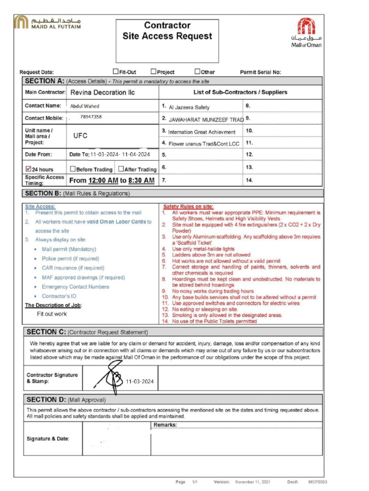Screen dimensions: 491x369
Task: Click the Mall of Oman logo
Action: click(306, 32)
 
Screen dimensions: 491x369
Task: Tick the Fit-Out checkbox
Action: click(116, 71)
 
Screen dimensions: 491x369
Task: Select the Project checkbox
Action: click(154, 71)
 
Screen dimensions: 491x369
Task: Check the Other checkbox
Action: click(197, 71)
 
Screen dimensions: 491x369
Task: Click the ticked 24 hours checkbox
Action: click(28, 169)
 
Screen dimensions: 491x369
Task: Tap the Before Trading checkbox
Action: click(73, 169)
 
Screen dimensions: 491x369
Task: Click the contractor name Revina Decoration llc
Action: click(103, 93)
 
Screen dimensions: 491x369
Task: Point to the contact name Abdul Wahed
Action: click(85, 106)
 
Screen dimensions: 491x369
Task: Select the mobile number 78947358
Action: click(91, 117)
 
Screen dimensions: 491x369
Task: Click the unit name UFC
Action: click(80, 136)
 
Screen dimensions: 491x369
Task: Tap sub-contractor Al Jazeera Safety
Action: click(189, 107)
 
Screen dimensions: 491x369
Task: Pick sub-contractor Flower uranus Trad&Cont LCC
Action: click(204, 143)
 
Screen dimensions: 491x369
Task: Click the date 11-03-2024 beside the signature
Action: click(140, 382)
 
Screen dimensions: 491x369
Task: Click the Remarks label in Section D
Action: click(165, 425)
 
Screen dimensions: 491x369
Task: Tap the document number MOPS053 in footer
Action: click(318, 481)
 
